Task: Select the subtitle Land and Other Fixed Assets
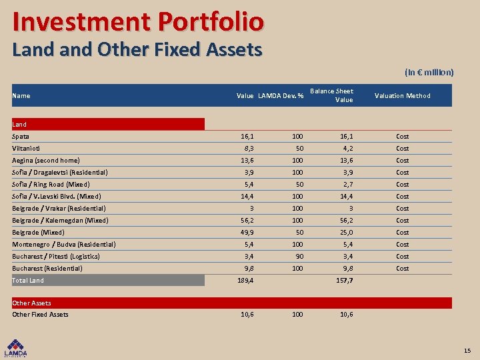[137, 49]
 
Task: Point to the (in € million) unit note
[429, 72]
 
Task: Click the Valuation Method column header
[402, 95]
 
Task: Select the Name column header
[21, 95]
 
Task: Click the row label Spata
[21, 136]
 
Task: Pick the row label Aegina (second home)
[46, 160]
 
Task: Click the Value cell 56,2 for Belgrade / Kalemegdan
[246, 220]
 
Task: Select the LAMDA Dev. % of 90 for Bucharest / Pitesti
[297, 256]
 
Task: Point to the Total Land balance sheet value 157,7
[344, 281]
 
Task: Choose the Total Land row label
[28, 281]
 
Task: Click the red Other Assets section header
[32, 303]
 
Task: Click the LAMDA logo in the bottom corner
[17, 347]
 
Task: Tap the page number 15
[467, 350]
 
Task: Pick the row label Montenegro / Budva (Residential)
[64, 244]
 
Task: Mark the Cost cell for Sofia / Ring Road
[402, 184]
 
